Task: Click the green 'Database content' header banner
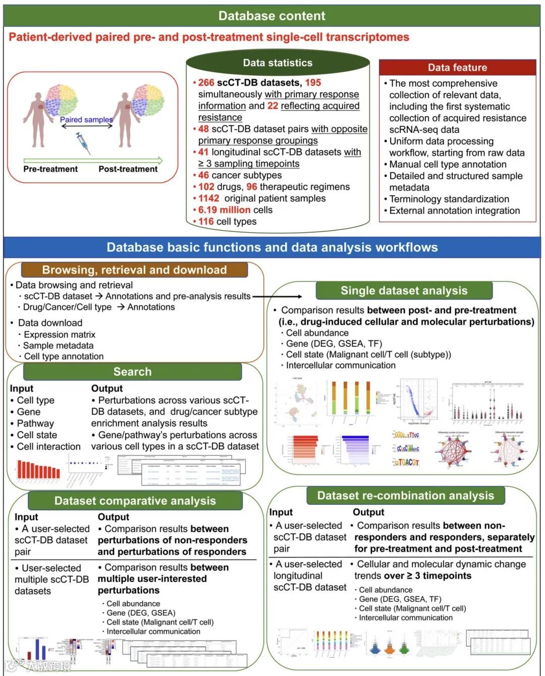(272, 16)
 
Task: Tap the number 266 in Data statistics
(206, 83)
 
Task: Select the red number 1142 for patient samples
(208, 198)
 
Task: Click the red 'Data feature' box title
(457, 67)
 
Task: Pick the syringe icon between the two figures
(83, 142)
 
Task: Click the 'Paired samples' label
(86, 120)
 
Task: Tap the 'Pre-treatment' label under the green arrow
(50, 169)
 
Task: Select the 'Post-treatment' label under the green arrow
(128, 169)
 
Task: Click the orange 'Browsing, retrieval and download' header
(134, 270)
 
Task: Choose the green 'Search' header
(132, 372)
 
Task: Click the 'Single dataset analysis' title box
(404, 290)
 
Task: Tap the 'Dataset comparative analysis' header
(135, 501)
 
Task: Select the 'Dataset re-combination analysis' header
(405, 495)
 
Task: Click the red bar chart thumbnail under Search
(38, 469)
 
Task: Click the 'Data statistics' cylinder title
(278, 63)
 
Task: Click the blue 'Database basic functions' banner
(272, 247)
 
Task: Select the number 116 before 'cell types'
(206, 222)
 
